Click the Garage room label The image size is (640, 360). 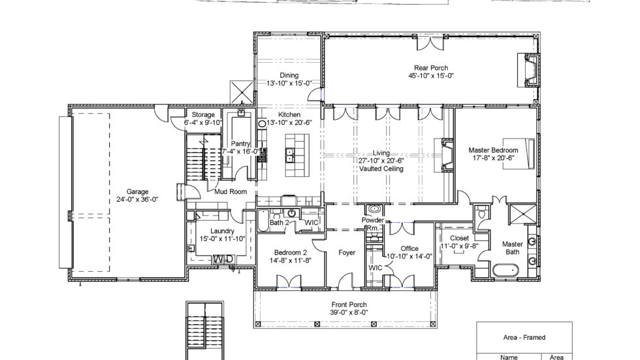tap(137, 191)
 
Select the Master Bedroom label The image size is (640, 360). tap(493, 150)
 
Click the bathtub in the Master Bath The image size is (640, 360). tap(505, 269)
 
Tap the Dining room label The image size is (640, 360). tap(289, 75)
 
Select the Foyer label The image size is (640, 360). tap(346, 252)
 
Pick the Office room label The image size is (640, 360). tap(409, 248)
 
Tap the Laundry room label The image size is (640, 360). tap(222, 231)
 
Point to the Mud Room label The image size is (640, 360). tap(231, 192)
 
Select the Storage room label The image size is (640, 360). tap(203, 115)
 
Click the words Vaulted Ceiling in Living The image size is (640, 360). tap(381, 169)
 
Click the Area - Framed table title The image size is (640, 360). tap(524, 338)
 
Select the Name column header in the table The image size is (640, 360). tap(509, 357)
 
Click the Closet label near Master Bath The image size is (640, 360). tap(459, 238)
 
